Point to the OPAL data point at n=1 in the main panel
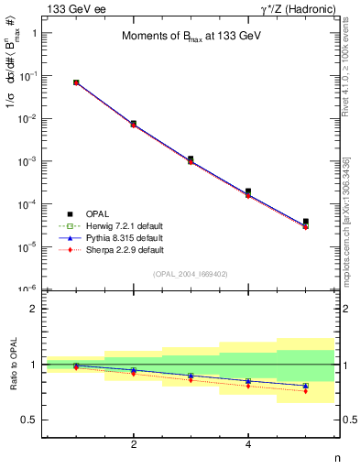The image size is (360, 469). click(x=76, y=82)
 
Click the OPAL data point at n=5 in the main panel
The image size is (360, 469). click(x=306, y=222)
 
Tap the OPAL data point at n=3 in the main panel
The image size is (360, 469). click(x=191, y=159)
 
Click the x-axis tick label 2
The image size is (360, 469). click(x=134, y=444)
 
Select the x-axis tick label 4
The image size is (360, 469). click(x=248, y=444)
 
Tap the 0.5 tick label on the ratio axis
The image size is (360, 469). click(x=29, y=420)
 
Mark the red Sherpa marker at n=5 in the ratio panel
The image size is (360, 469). click(x=306, y=391)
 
